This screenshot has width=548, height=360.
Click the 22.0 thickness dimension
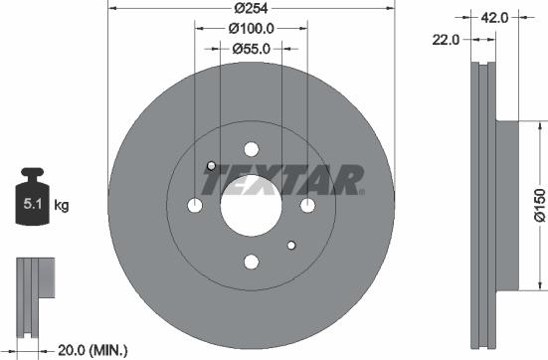tap(447, 40)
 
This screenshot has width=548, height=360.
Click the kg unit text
tap(61, 206)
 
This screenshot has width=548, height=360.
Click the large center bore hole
tap(251, 205)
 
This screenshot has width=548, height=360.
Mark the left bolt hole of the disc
tap(195, 206)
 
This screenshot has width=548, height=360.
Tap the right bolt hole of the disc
tap(306, 205)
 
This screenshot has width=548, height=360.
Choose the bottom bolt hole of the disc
tap(251, 262)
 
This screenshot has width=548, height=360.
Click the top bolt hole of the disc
tap(251, 149)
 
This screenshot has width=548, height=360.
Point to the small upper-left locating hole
tap(210, 165)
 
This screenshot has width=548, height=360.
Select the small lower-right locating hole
tap(290, 245)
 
